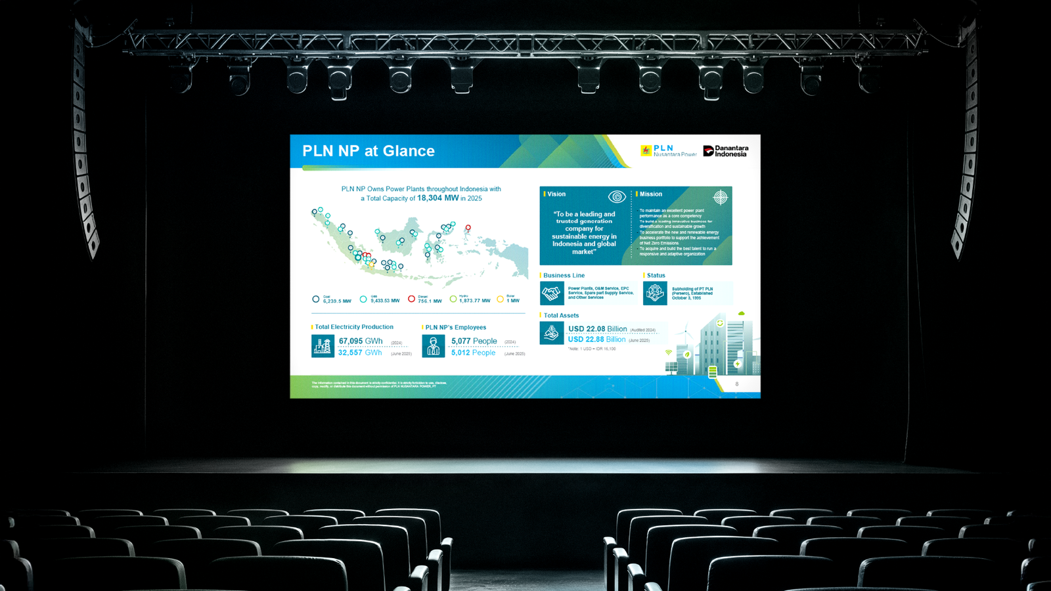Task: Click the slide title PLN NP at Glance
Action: click(x=368, y=151)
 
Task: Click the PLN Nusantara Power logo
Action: click(x=668, y=151)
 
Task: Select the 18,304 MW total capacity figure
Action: click(x=437, y=198)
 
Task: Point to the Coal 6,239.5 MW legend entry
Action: click(x=332, y=299)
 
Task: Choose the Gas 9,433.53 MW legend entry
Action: click(x=380, y=299)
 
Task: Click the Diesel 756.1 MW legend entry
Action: click(x=425, y=299)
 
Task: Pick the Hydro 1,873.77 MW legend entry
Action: click(x=470, y=299)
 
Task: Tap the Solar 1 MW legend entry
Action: click(x=508, y=299)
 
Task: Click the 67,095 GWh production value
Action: click(x=361, y=341)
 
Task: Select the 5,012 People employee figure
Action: click(x=473, y=353)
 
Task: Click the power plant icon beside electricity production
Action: click(x=323, y=346)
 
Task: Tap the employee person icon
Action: click(x=434, y=346)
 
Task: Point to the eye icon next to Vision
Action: click(x=616, y=196)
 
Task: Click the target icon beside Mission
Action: click(x=720, y=197)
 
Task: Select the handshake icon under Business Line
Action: click(x=552, y=293)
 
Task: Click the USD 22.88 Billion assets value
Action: click(x=596, y=339)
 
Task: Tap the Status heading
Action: click(x=656, y=275)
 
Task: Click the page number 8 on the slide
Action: click(x=736, y=384)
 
